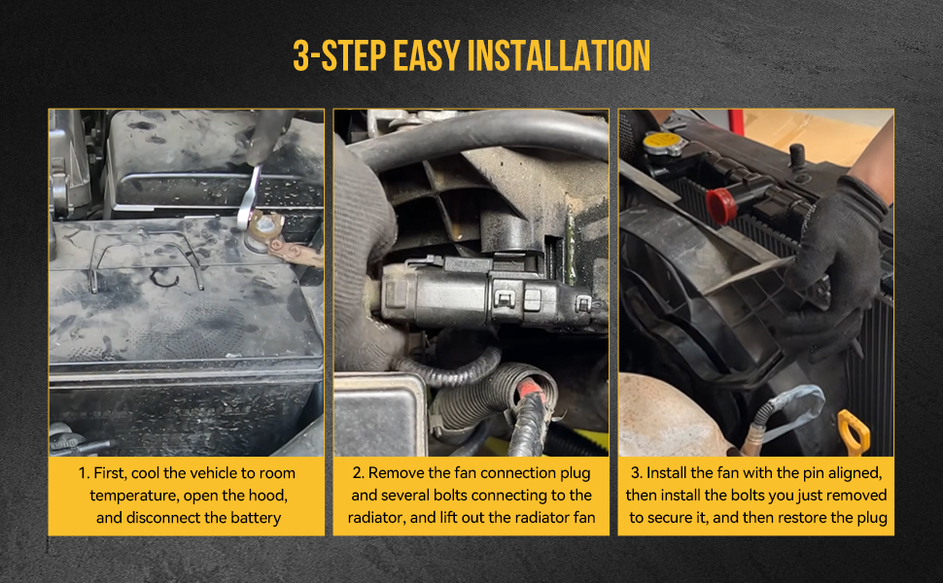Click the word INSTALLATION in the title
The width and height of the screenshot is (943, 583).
(x=558, y=56)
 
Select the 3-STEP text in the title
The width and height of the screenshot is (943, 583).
(x=339, y=56)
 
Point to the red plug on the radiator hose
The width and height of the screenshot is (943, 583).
(x=721, y=205)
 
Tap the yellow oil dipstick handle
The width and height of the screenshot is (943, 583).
(x=854, y=430)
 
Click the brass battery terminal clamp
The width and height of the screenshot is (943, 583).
(x=264, y=227)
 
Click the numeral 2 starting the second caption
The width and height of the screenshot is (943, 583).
(x=358, y=473)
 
